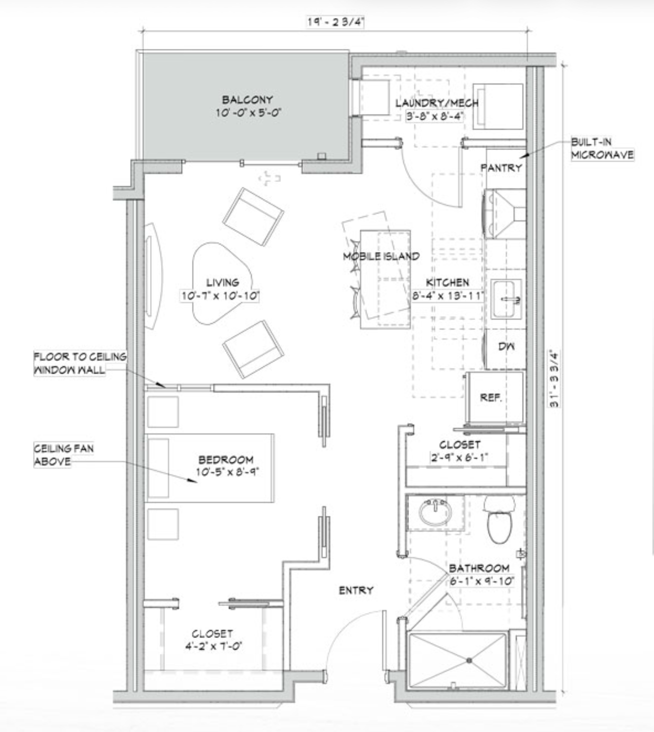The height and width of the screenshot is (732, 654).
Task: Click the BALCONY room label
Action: coord(247,99)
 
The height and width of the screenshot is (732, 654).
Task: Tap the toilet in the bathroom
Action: coord(499,519)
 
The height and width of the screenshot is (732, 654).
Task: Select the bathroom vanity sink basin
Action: coord(435,512)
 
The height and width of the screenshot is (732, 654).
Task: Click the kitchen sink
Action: coord(505,299)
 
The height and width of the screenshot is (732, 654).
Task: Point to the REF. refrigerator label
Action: coord(490,398)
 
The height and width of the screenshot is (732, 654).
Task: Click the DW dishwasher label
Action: coord(506,346)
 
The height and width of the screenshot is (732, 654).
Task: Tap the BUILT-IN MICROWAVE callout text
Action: coord(602,148)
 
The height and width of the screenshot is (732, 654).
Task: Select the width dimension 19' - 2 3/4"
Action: coord(335,22)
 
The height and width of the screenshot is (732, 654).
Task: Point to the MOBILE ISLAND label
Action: coord(381,256)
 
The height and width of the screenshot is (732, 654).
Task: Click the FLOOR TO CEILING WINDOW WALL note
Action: coord(80,363)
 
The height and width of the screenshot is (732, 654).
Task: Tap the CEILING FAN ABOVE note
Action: coord(63,455)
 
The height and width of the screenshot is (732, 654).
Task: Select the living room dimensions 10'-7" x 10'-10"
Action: coord(220,296)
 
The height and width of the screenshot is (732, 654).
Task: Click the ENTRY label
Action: coord(356,590)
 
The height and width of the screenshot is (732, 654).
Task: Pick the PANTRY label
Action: coord(501,167)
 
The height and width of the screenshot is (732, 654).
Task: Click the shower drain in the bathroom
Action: coord(469,660)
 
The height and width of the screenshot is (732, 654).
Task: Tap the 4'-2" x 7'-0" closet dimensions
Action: coord(213,645)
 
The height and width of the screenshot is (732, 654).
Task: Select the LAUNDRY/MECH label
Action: coord(437,103)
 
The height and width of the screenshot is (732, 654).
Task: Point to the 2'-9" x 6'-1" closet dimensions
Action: coord(459,458)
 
